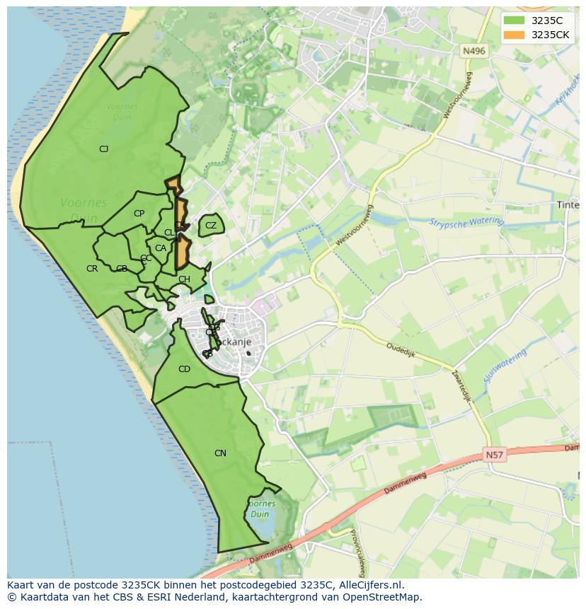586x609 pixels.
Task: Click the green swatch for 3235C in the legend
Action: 515,21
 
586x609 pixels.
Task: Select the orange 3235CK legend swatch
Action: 515,35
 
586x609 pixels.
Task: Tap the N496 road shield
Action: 473,51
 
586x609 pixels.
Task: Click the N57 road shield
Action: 495,455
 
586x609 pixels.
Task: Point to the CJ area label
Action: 103,149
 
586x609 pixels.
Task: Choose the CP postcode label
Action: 139,214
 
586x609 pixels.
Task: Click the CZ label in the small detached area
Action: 211,226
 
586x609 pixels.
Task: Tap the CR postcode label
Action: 92,269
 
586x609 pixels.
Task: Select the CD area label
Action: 184,369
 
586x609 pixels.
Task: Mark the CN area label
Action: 220,453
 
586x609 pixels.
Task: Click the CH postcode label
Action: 184,279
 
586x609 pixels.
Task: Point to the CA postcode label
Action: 161,248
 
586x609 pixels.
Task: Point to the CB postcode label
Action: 122,269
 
